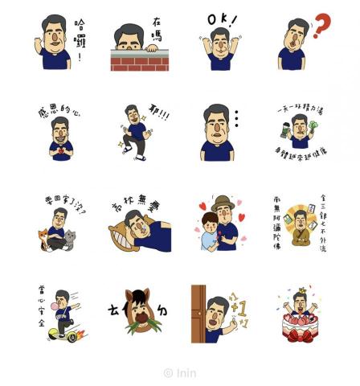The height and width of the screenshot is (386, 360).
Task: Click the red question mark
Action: (322, 26)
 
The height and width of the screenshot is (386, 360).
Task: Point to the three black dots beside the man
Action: (235, 121)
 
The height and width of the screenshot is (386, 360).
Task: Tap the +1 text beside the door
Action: (237, 307)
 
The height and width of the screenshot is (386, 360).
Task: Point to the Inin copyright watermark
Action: (180, 372)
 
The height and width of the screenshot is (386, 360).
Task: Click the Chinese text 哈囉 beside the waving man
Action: (79, 39)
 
